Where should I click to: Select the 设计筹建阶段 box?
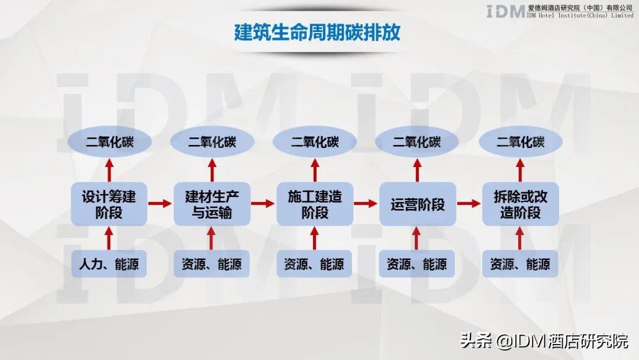pos(109,204)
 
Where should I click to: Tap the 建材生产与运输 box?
pos(212,204)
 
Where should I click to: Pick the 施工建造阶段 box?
pos(315,204)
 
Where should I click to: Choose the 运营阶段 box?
pos(417,204)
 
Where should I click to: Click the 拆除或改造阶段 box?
pos(520,204)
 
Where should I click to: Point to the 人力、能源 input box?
pos(109,264)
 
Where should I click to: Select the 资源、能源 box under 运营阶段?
pos(417,264)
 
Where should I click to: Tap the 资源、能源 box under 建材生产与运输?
pos(212,264)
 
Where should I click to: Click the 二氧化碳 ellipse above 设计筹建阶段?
pos(109,142)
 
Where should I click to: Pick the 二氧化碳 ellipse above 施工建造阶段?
pos(315,142)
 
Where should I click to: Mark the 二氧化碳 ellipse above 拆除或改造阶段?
pos(520,142)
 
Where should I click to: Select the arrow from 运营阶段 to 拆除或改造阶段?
pos(469,204)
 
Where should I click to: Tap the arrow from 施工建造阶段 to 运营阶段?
pos(366,204)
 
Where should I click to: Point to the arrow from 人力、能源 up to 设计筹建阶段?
pos(109,238)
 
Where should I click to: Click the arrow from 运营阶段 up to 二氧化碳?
pos(417,170)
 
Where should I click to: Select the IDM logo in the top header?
pos(505,11)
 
